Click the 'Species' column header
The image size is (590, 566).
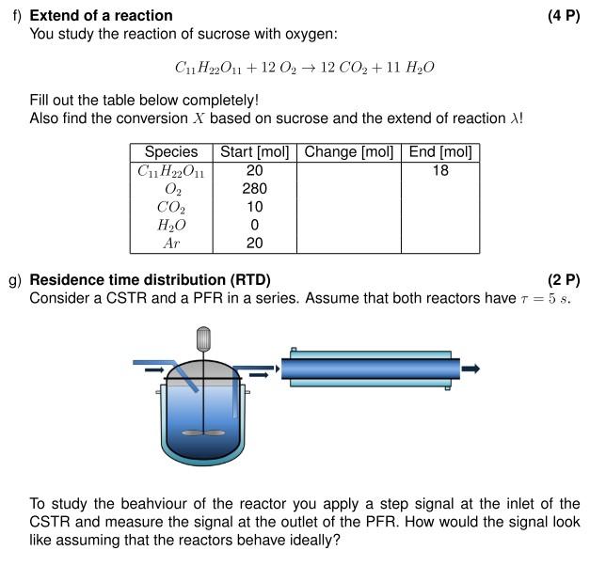[171, 152]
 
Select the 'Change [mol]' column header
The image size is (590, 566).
[348, 152]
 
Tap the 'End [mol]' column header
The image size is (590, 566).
[439, 152]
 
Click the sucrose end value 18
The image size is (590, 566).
[439, 171]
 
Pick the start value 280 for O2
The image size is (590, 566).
[254, 189]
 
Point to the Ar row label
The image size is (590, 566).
[171, 244]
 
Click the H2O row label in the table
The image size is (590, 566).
[171, 226]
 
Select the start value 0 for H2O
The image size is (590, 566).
[254, 226]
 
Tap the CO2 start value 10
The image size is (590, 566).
[254, 207]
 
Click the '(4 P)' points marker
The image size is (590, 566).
[563, 16]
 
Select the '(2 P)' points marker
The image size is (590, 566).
[563, 280]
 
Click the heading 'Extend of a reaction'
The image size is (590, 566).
[102, 16]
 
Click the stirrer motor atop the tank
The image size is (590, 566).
[202, 338]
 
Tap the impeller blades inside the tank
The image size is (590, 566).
[202, 433]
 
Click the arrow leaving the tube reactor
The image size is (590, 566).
[470, 369]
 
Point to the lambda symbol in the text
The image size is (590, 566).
[514, 119]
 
